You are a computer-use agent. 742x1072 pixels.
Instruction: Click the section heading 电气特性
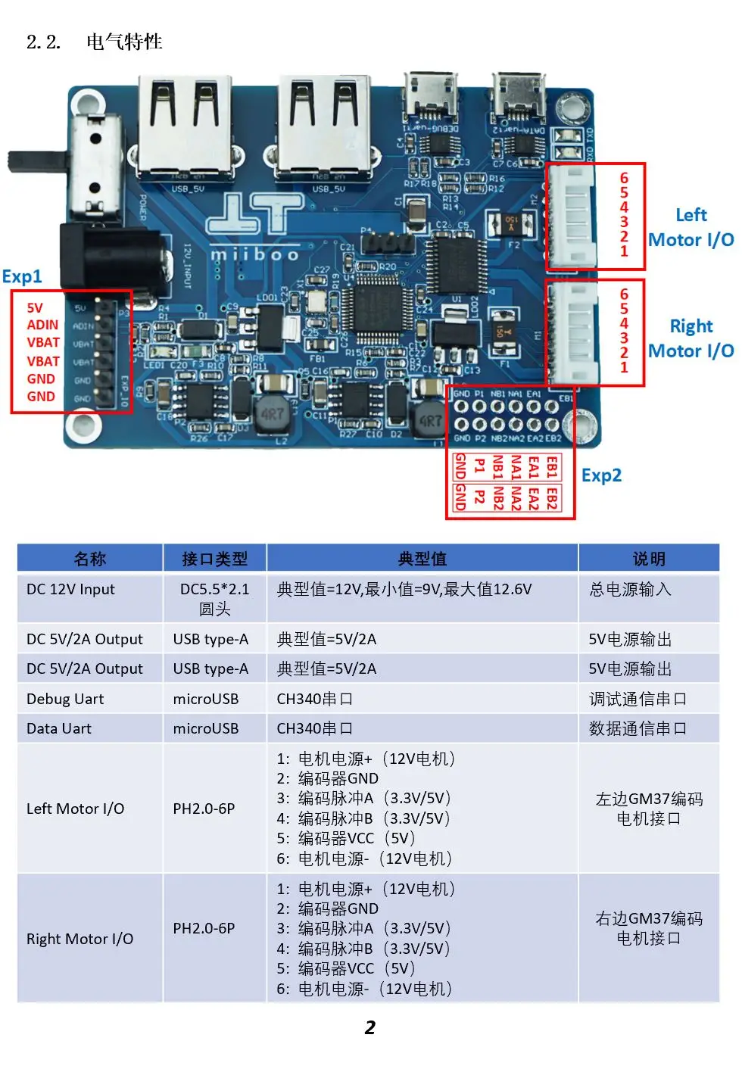click(x=124, y=42)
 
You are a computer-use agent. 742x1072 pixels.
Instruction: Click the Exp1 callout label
click(x=22, y=276)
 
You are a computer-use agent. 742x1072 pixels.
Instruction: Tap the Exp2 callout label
click(x=601, y=475)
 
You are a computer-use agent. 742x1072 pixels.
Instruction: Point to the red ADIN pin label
click(x=42, y=325)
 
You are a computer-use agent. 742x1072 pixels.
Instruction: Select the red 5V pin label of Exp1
click(x=35, y=308)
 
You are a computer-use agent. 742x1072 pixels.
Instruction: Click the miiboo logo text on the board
click(x=254, y=254)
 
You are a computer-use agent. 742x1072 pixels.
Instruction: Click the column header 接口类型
click(x=214, y=559)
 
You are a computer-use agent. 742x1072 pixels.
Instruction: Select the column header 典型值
click(x=422, y=559)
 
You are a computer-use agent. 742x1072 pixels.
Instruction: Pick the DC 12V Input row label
click(x=70, y=589)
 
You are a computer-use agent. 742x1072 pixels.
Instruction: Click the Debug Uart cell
click(x=65, y=699)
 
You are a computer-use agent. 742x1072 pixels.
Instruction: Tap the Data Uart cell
click(x=59, y=728)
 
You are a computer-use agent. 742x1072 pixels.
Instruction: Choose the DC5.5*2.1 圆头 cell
click(x=214, y=599)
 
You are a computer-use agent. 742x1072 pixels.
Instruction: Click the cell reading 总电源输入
click(x=630, y=589)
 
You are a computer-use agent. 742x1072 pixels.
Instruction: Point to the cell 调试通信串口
click(x=638, y=699)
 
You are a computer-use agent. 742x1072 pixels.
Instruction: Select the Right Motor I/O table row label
click(x=79, y=939)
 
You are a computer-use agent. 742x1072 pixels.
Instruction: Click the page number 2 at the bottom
click(x=369, y=1027)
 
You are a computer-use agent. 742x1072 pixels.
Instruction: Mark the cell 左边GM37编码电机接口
click(x=649, y=809)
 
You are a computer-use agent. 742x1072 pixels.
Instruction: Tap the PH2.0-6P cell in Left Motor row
click(x=204, y=809)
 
